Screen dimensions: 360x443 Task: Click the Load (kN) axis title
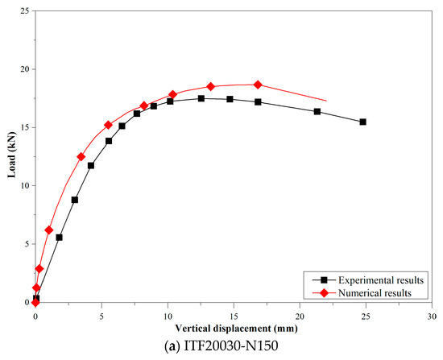pos(10,156)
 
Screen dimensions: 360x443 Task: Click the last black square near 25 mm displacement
pos(362,122)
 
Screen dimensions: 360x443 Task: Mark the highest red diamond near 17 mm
pos(258,85)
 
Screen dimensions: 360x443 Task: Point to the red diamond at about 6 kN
pos(49,230)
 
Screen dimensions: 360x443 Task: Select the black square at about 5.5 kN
pos(59,238)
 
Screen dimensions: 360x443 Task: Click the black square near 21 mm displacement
pos(317,111)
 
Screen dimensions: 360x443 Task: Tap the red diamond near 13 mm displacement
pos(210,86)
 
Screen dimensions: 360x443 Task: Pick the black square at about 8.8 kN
pos(74,200)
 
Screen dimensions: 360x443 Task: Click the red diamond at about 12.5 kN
pos(81,157)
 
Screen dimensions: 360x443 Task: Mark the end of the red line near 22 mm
pos(326,100)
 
